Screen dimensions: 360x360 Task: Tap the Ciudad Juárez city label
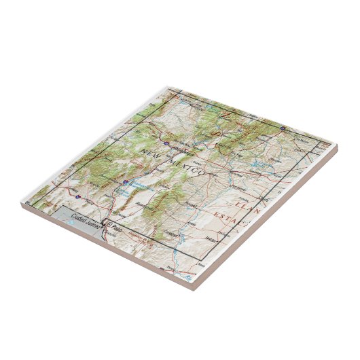83,226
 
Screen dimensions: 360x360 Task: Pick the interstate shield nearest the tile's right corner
282,126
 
